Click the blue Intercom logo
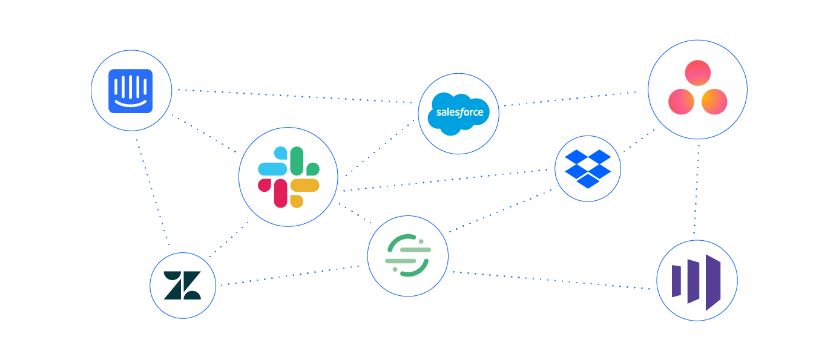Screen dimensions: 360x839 pos(131,91)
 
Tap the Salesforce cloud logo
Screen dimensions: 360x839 pos(459,113)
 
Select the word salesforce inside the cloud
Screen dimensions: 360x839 pos(459,113)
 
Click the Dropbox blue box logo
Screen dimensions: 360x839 pos(588,168)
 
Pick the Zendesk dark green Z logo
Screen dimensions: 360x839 pos(182,285)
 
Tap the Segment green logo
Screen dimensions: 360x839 pos(407,256)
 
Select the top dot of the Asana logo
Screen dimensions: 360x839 pos(697,73)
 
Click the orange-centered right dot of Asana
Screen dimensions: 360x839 pos(714,102)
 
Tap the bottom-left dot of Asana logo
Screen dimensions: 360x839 pos(681,102)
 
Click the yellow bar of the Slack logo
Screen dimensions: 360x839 pos(305,185)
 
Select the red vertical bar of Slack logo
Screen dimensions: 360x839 pos(281,193)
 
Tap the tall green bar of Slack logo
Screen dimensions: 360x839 pos(297,160)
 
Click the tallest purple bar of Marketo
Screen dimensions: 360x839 pos(713,282)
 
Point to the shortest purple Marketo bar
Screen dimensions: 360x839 pos(676,281)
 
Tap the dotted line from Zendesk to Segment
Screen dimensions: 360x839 pos(291,275)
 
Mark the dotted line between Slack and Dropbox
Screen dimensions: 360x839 pos(448,180)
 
